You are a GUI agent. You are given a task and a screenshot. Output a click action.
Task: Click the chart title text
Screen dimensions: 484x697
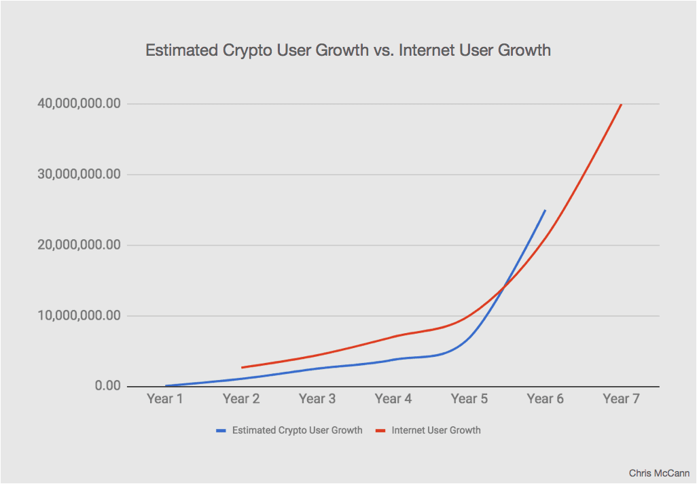coord(348,51)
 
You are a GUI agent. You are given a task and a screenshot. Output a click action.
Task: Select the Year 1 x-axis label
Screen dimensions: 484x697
coord(165,399)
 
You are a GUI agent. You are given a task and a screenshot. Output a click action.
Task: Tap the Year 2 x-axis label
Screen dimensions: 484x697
coord(241,399)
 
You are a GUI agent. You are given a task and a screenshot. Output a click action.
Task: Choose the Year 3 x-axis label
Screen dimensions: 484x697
coord(317,399)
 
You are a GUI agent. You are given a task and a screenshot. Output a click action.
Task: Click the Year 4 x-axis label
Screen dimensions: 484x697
coord(393,399)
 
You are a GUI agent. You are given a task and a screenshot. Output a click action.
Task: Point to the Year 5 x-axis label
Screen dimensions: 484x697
coord(469,399)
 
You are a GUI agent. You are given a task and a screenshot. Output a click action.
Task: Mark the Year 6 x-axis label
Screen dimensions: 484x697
coord(546,399)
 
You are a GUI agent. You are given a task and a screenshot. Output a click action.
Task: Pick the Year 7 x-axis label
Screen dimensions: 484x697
coord(622,399)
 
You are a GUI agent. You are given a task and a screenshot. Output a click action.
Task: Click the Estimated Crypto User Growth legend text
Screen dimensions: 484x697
coord(297,430)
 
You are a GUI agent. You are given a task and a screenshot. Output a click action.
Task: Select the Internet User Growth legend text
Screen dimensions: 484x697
coord(436,430)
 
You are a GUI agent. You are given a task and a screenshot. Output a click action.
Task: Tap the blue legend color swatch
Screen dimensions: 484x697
coord(221,430)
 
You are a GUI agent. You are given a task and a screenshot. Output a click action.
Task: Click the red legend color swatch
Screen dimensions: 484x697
coord(380,430)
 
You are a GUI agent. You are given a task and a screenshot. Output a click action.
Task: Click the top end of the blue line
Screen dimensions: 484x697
coord(545,210)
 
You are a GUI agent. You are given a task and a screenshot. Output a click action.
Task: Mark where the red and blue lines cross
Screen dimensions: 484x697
coord(503,288)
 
